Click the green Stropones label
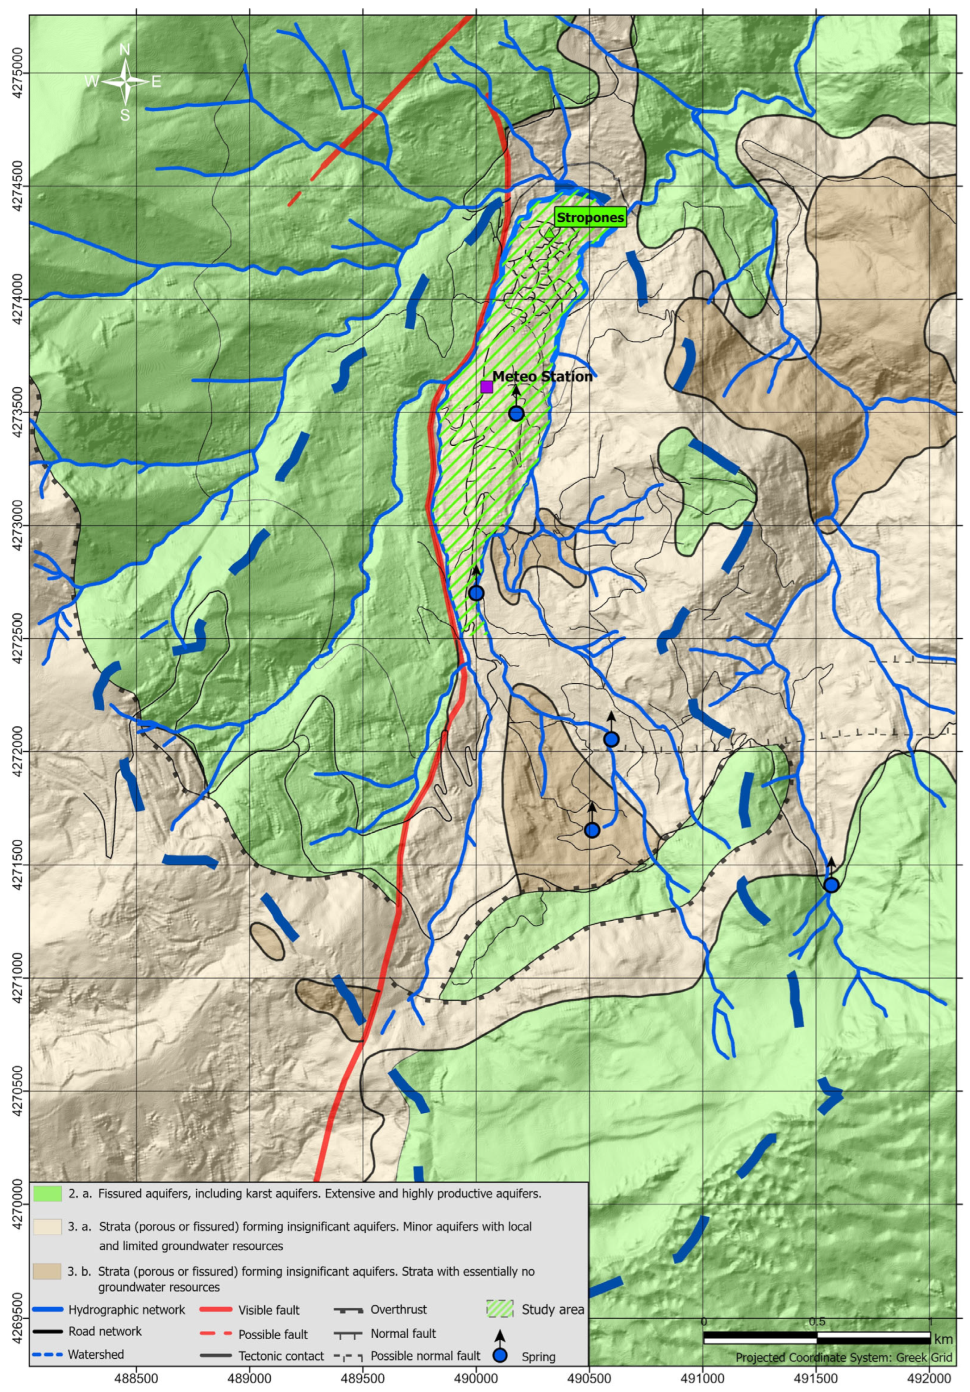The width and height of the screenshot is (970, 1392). click(590, 218)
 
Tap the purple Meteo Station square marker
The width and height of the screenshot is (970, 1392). click(486, 387)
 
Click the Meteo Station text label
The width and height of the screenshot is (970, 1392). click(542, 376)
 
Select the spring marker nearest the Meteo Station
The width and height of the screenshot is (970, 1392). click(516, 413)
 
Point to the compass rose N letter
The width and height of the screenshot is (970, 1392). click(125, 50)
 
